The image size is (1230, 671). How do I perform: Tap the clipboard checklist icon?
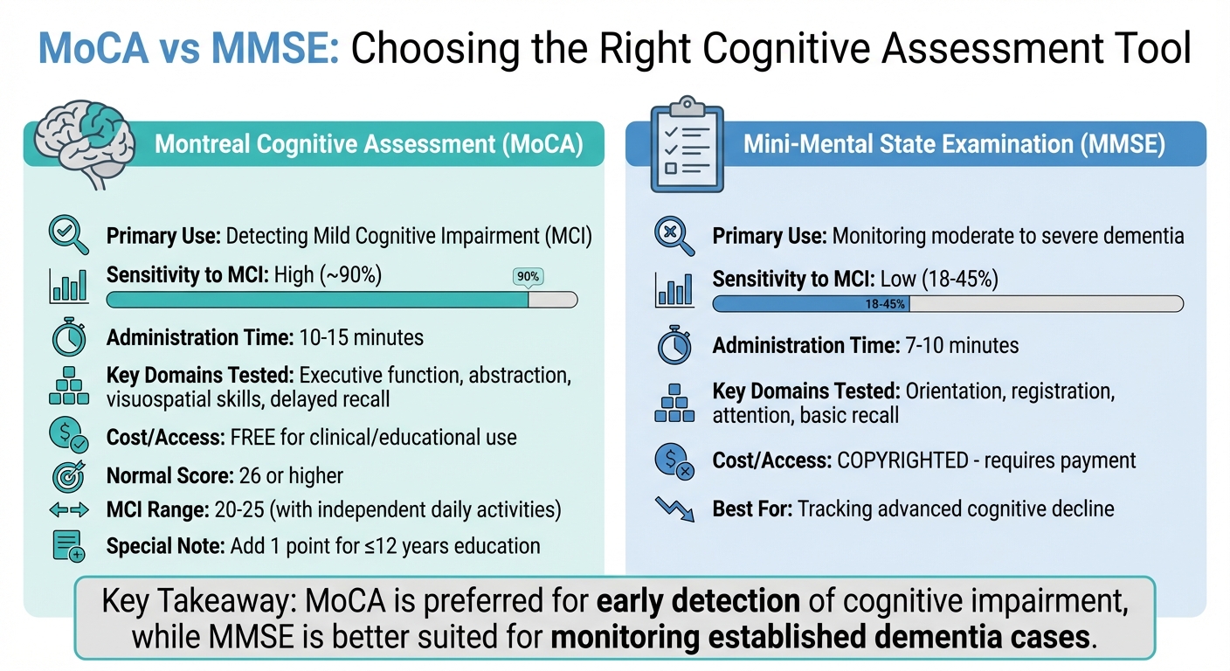[x=687, y=144]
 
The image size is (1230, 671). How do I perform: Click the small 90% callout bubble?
[x=529, y=276]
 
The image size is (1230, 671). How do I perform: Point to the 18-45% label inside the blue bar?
[x=885, y=304]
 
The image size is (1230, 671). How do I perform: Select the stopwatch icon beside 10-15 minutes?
[x=69, y=336]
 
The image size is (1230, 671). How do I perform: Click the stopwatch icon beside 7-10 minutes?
[x=675, y=345]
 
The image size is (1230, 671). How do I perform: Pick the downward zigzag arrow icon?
[x=675, y=508]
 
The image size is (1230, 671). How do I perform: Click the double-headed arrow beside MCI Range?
[x=69, y=510]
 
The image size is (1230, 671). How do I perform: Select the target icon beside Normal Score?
[x=69, y=476]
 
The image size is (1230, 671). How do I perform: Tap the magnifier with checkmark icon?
[x=69, y=235]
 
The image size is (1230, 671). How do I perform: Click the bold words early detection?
[x=699, y=601]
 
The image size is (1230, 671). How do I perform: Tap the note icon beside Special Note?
[x=69, y=546]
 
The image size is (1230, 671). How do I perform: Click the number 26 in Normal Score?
[x=250, y=476]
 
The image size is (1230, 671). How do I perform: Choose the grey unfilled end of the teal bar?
[x=553, y=300]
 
